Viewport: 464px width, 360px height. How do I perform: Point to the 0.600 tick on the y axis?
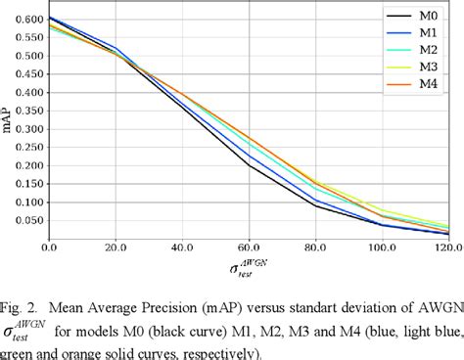26,20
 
